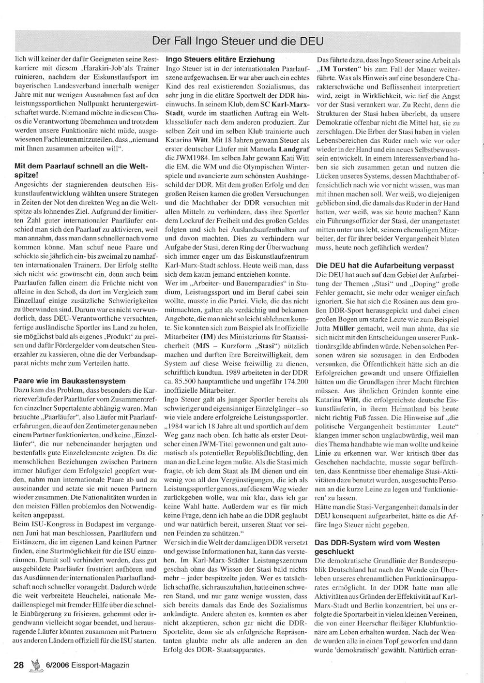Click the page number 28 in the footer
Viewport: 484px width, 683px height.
point(19,665)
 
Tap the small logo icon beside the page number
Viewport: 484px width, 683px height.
point(34,664)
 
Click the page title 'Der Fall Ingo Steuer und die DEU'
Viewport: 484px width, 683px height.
point(237,40)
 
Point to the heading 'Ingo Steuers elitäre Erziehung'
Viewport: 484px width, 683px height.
point(220,59)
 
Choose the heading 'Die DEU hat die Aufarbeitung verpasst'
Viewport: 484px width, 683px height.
point(385,266)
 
